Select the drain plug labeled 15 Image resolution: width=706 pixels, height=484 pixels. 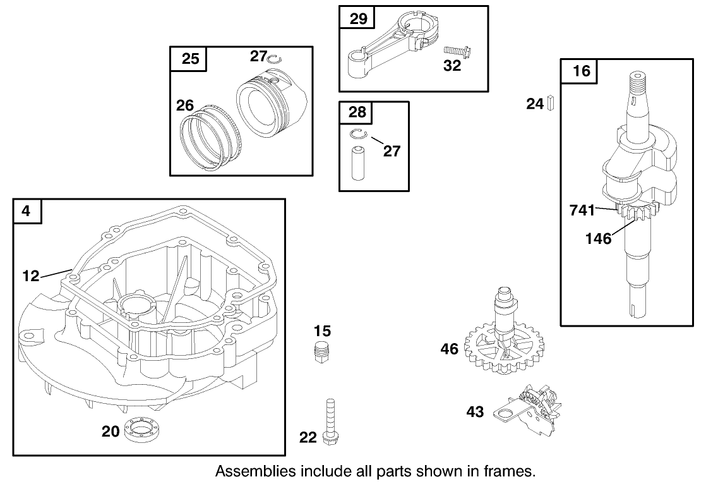(x=322, y=351)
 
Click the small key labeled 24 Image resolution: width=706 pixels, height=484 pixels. (x=551, y=102)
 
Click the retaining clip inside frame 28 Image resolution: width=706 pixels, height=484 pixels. (x=358, y=133)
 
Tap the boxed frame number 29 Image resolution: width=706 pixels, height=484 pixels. (x=358, y=19)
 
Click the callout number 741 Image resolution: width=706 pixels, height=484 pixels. (x=581, y=209)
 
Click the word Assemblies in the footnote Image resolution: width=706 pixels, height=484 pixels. (x=251, y=471)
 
